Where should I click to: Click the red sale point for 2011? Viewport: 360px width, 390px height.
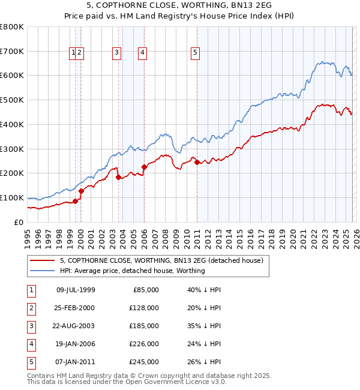(x=197, y=163)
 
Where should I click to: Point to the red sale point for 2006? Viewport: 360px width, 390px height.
(x=145, y=167)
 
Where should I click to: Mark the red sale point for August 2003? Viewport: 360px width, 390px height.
(x=119, y=177)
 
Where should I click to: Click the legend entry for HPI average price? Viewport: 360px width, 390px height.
(x=132, y=271)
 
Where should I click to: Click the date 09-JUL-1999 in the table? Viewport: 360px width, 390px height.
(x=75, y=290)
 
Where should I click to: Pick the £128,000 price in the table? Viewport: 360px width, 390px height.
(x=144, y=308)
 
